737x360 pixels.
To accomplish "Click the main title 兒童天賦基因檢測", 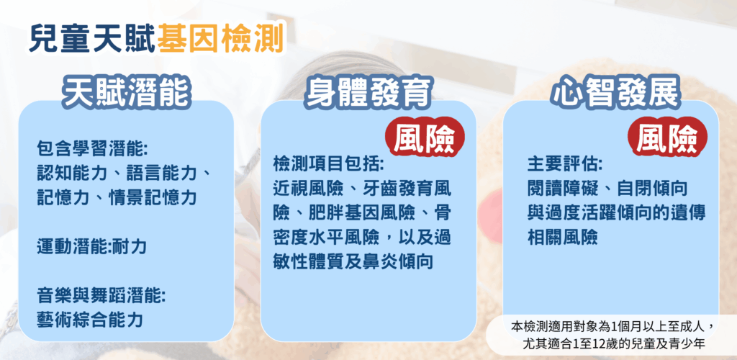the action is pos(155,37).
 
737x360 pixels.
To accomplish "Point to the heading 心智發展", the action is pos(616,91).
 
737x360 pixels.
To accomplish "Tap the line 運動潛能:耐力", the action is pos(91,247).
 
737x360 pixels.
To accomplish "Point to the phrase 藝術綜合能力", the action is pos(90,320).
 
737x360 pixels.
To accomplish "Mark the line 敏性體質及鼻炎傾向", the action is pos(353,262).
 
